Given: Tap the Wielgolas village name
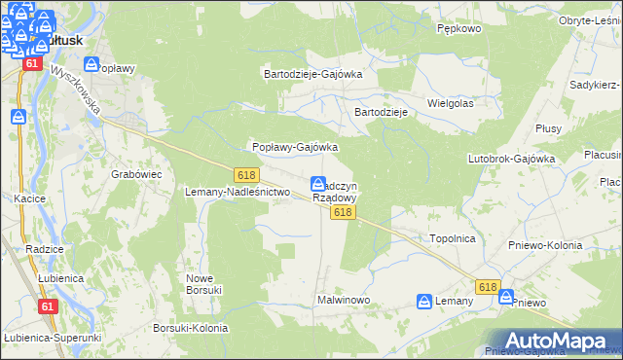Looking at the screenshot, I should click(450, 102).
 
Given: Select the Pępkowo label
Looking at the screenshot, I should click(460, 29).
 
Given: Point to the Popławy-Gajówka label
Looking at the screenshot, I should click(295, 147).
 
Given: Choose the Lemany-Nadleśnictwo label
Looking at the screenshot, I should click(238, 192).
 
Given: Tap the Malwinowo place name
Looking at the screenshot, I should click(344, 301).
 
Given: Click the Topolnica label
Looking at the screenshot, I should click(452, 237).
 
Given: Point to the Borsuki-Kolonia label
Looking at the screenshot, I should click(191, 328).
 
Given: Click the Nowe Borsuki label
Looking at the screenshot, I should click(204, 283).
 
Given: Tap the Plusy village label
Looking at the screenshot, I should click(548, 127).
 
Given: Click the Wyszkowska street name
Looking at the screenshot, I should click(79, 90).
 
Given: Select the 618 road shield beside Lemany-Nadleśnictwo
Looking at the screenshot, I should click(245, 173).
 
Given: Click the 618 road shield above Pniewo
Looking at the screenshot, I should click(489, 287).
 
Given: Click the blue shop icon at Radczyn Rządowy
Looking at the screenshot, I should click(318, 184).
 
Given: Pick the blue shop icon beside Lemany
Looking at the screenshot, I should click(423, 302).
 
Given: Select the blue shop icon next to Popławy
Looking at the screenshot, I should click(92, 65).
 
